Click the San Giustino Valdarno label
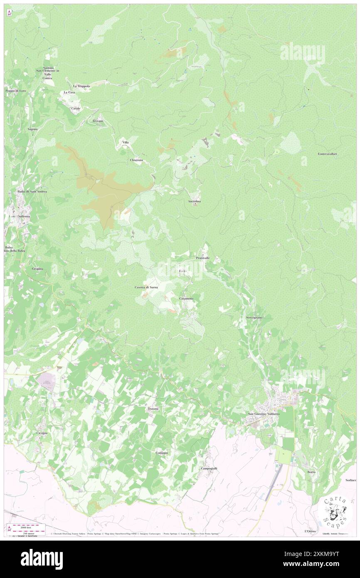coord(264,414)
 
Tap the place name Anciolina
coord(195,201)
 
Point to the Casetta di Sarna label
coord(146,287)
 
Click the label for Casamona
coord(186,299)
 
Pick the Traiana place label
coord(153,409)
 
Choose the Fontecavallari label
coord(328,154)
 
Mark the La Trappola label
coord(81,86)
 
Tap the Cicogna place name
coord(42,433)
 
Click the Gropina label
coord(37,269)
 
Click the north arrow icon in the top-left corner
coord(9,13)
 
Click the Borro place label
coord(311,472)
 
